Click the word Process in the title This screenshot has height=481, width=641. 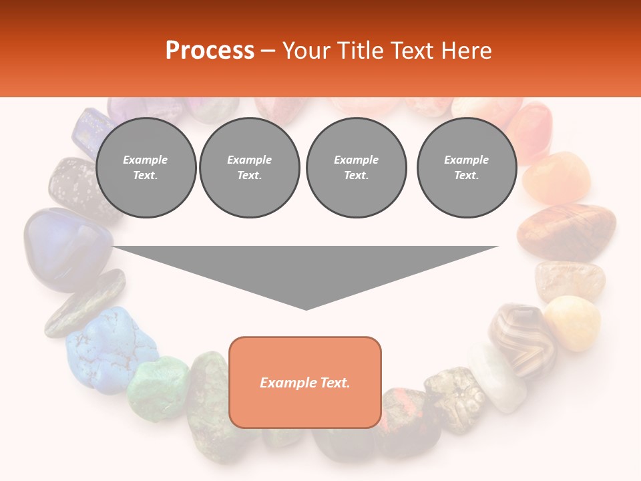click(210, 51)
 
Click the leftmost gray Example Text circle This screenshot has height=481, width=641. click(146, 168)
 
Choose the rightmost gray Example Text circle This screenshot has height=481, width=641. click(467, 168)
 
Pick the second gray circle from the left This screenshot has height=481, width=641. click(249, 168)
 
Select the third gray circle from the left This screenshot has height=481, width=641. click(356, 168)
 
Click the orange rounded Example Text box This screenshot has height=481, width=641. click(305, 382)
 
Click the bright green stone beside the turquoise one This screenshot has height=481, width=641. click(159, 387)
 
